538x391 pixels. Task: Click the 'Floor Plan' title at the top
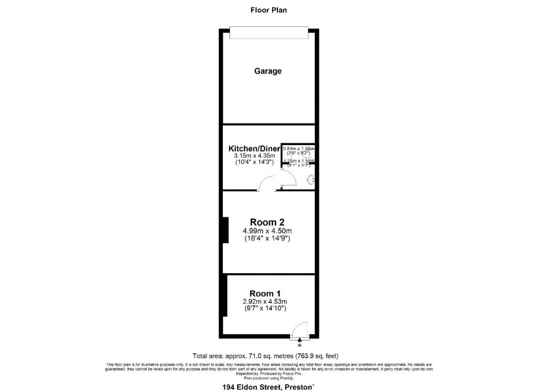[268, 10]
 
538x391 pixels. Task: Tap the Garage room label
[268, 71]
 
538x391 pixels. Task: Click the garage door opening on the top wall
[268, 33]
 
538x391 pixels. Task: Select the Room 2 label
[267, 222]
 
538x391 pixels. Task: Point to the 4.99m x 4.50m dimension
[267, 231]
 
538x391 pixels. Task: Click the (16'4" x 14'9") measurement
[267, 239]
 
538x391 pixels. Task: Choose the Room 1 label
[261, 293]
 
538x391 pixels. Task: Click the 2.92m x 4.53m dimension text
[264, 301]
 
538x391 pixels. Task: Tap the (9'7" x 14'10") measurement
[264, 308]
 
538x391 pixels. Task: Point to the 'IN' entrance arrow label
[299, 346]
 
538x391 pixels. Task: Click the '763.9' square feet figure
[311, 356]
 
